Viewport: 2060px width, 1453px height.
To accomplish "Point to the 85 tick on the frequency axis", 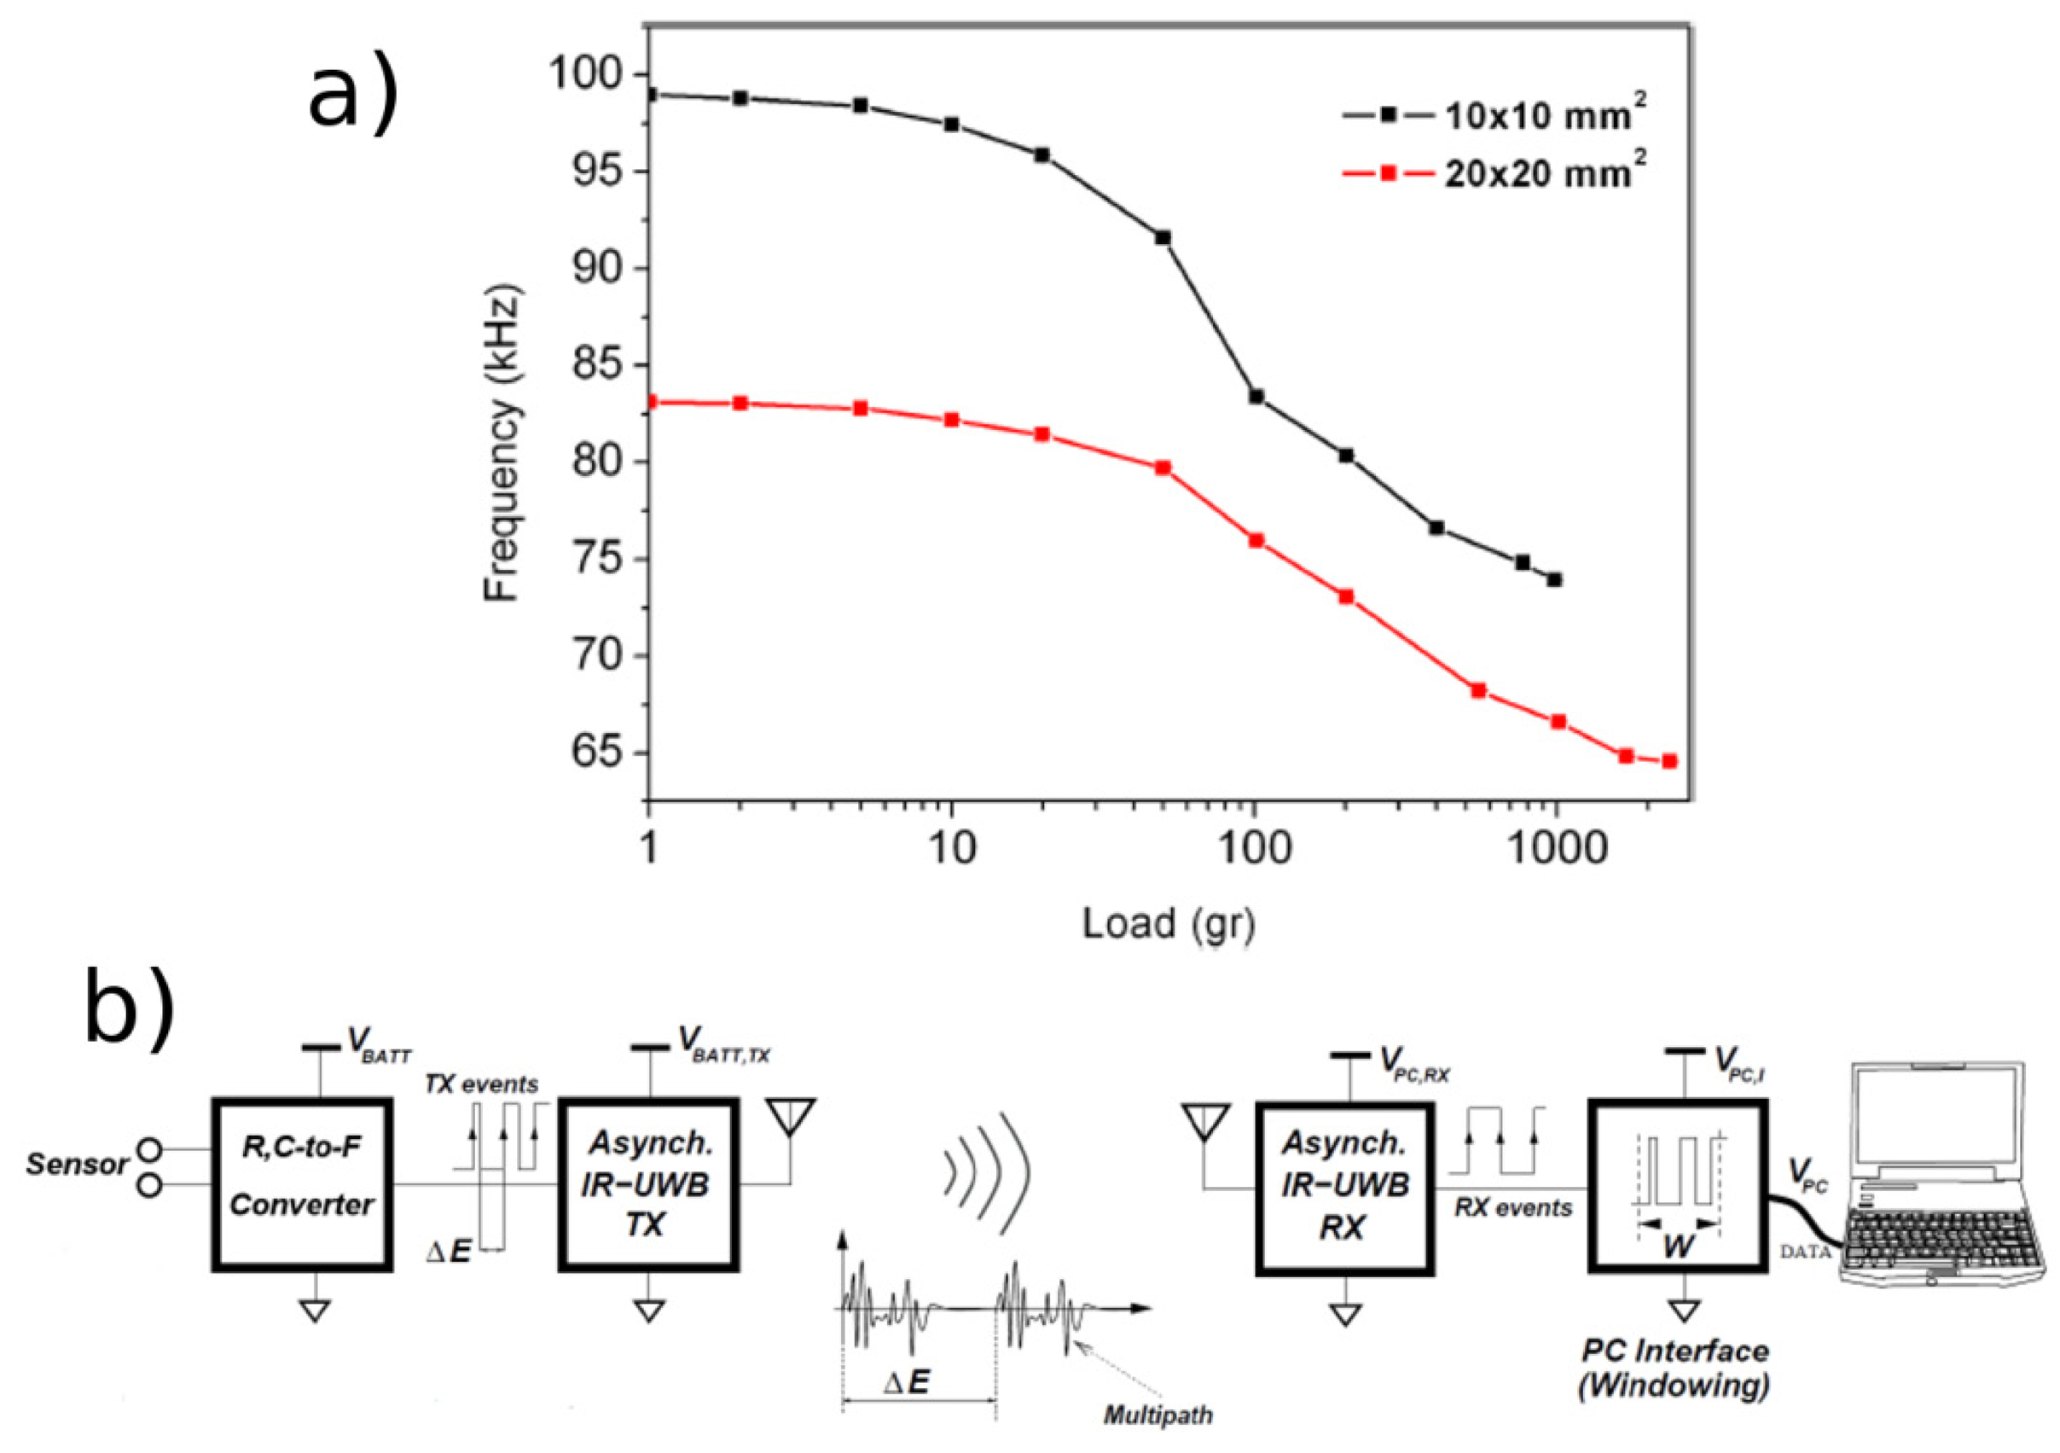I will pos(599,365).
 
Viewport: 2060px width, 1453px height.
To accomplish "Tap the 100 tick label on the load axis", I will pos(1253,847).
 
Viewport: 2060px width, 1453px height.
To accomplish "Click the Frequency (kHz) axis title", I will pos(502,445).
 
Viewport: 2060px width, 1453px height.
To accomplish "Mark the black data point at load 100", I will pos(1256,397).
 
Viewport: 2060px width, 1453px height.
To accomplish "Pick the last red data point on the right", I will pos(1669,761).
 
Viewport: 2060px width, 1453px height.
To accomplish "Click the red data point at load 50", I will pos(1163,468).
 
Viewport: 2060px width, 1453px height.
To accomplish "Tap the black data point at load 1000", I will pos(1555,580).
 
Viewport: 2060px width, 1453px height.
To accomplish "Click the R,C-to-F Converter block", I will pos(301,1183).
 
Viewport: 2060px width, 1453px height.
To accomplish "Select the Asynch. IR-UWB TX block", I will pos(647,1183).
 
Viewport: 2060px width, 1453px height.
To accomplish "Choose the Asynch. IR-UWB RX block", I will pos(1344,1184).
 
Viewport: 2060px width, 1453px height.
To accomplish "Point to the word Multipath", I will pos(1158,1416).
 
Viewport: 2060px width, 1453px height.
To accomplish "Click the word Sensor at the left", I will pos(76,1165).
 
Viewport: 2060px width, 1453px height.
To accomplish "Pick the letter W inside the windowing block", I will pos(1676,1247).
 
